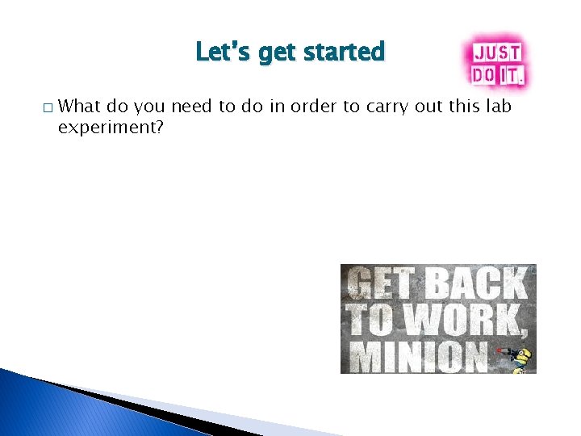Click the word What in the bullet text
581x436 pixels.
82,106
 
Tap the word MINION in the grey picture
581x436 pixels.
416,355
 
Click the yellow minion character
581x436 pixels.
523,357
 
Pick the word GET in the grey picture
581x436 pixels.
380,284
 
